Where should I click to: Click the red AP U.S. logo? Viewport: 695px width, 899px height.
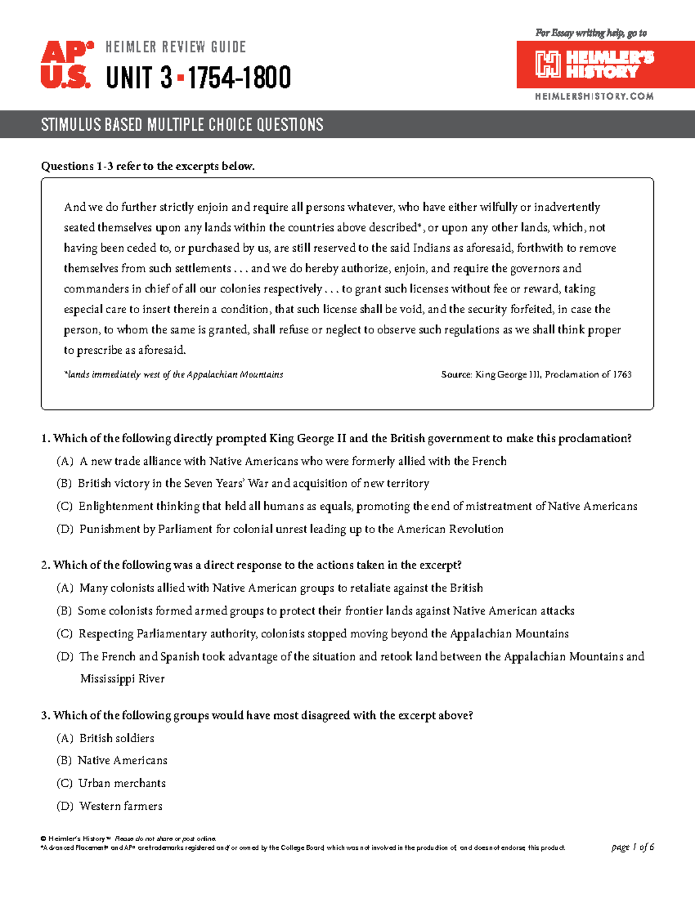click(x=66, y=64)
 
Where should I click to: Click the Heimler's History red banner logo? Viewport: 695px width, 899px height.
click(x=605, y=64)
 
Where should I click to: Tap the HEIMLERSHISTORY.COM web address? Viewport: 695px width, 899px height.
click(x=594, y=96)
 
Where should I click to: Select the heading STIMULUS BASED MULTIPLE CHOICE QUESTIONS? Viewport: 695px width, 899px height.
click(x=182, y=124)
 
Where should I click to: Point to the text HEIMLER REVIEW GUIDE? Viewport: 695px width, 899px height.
click(x=175, y=47)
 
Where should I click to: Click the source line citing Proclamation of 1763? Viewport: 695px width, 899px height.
click(x=536, y=375)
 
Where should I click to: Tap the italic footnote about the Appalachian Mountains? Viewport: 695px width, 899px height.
click(x=174, y=375)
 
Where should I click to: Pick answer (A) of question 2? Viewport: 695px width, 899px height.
click(x=270, y=588)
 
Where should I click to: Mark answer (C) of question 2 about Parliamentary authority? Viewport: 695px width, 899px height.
click(x=313, y=634)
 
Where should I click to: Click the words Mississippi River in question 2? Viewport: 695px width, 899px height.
click(x=122, y=678)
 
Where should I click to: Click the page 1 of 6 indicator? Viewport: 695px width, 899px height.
click(x=632, y=847)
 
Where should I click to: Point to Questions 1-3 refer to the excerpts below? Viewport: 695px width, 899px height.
click(x=148, y=166)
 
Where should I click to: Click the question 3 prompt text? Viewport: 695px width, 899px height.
click(x=257, y=715)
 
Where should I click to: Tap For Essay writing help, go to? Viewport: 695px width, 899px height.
click(x=591, y=33)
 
